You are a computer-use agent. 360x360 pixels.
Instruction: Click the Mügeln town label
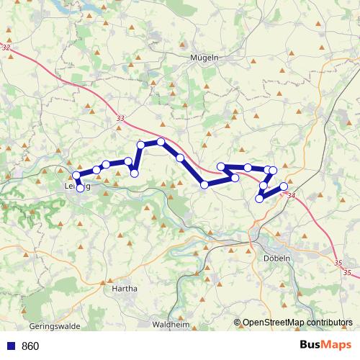point(204,58)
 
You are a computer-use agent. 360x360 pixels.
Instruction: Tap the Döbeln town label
point(277,257)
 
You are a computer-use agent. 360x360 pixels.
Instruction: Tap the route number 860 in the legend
point(31,346)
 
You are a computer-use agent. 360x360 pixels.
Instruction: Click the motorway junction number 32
point(6,48)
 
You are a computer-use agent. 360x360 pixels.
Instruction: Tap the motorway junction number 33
point(120,120)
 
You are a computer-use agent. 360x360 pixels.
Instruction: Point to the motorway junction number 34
point(291,195)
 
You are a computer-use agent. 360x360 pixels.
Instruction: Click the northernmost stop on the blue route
point(161,142)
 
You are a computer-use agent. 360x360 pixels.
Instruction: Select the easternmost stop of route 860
point(284,186)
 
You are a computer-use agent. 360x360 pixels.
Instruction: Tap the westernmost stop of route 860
point(76,175)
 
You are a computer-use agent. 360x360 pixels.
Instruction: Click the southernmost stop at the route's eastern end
point(259,199)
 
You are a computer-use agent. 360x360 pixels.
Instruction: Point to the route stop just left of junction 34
point(284,186)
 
